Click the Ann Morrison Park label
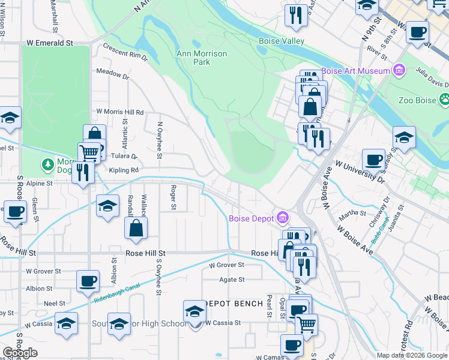[x=202, y=58]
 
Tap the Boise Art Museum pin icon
[x=399, y=71]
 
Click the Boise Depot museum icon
[x=283, y=218]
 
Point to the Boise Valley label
[x=281, y=41]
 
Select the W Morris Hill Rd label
[x=120, y=112]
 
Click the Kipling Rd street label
[x=124, y=170]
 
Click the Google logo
[x=20, y=353]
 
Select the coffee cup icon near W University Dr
[x=374, y=160]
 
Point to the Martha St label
[x=352, y=213]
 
